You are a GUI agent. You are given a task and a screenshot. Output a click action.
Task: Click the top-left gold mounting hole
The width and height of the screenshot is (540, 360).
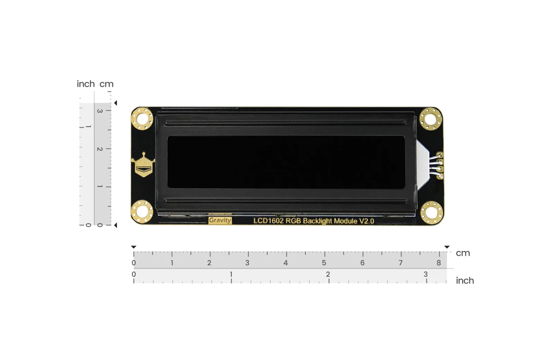coord(142,119)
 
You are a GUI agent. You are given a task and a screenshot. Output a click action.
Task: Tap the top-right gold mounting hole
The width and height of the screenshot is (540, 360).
coord(431,119)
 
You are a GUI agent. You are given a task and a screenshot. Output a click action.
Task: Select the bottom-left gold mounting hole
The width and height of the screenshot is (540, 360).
coord(142,212)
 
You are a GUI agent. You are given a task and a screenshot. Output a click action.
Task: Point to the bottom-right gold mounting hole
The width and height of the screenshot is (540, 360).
coord(432,213)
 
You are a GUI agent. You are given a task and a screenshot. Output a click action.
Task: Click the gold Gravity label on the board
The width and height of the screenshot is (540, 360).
coord(220,220)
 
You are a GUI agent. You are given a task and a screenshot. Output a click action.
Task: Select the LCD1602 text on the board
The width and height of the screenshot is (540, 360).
coord(268,220)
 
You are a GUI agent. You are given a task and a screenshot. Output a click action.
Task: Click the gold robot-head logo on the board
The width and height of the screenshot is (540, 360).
coord(143,165)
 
